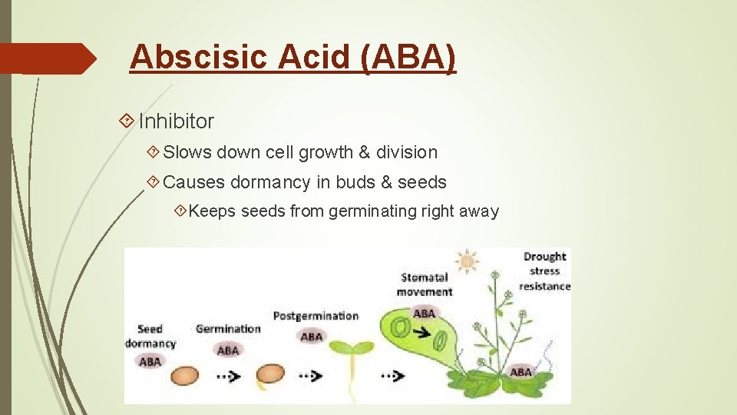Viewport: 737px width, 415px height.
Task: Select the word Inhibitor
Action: [x=176, y=121]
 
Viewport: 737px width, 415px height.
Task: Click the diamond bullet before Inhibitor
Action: [x=127, y=121]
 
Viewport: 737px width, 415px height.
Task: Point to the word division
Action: [x=406, y=152]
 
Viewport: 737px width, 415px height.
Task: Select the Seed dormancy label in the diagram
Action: [x=150, y=336]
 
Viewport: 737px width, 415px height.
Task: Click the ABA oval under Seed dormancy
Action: [x=150, y=360]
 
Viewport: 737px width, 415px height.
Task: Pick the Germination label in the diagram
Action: [x=228, y=329]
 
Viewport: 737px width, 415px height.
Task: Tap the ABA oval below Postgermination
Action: [x=311, y=337]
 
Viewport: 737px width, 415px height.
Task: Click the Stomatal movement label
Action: [x=425, y=284]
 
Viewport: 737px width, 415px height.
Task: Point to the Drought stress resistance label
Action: [x=544, y=271]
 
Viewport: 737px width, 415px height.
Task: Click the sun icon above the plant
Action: [x=465, y=261]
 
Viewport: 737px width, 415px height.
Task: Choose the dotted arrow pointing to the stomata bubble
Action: [x=393, y=377]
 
